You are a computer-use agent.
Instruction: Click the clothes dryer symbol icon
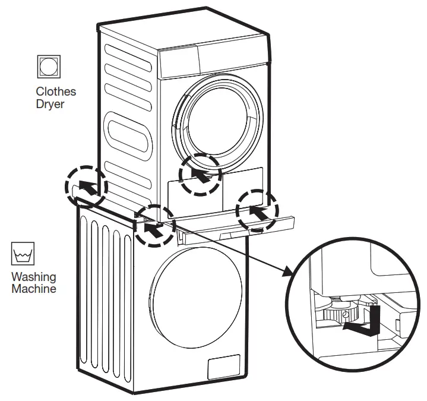pos(49,67)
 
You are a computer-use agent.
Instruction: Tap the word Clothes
pos(56,92)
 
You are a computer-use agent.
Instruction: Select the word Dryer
pos(50,104)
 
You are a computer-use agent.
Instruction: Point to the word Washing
pos(34,277)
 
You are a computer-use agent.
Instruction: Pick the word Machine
pos(34,289)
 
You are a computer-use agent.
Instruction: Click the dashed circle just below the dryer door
pos(201,175)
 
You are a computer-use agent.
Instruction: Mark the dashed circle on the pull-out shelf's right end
pos(257,211)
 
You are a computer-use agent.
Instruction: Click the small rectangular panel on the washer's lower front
pos(223,367)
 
